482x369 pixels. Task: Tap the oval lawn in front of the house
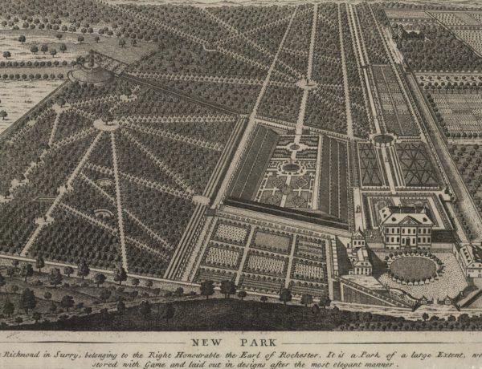point(414,268)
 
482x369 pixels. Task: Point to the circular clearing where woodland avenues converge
point(106,124)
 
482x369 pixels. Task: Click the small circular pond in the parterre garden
point(290,167)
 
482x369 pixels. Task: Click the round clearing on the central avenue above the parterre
point(306,83)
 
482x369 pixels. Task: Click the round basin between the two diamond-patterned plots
point(383,140)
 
